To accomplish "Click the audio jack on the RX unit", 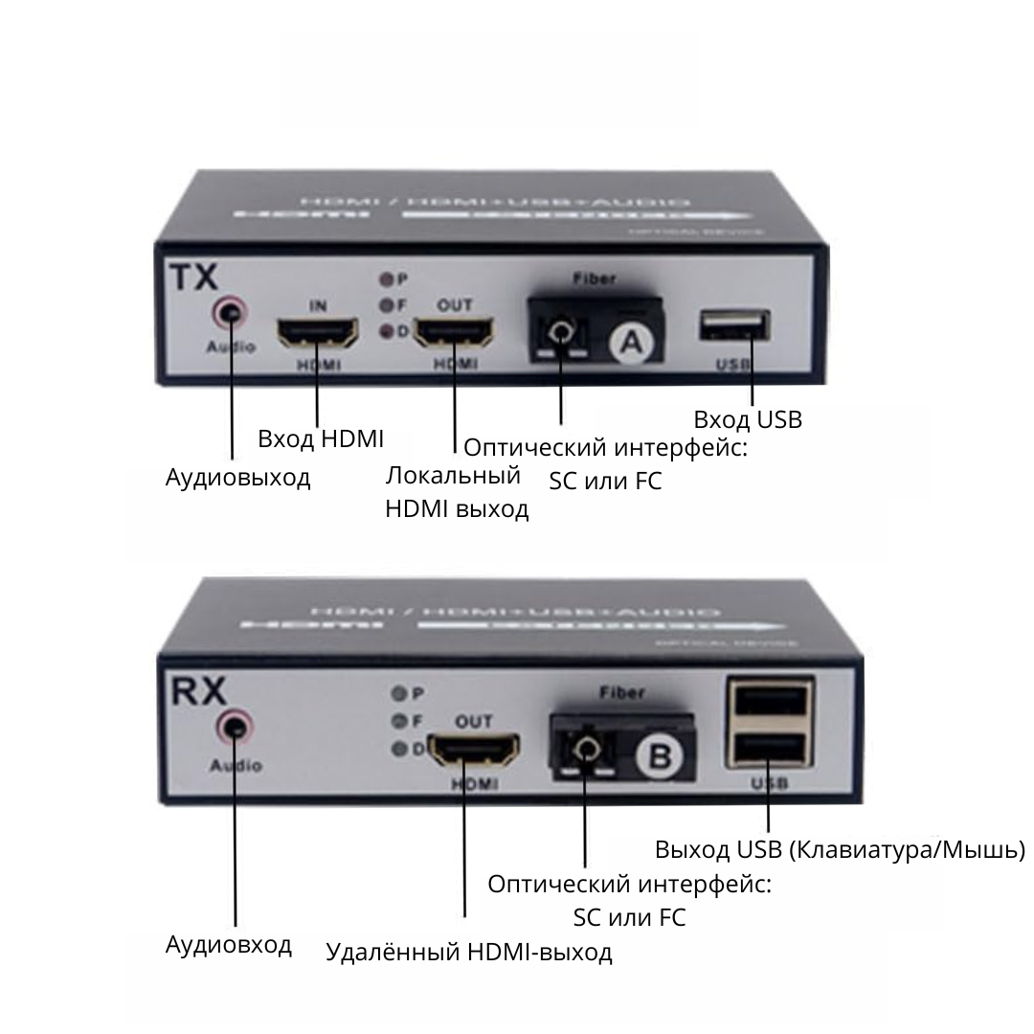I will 236,728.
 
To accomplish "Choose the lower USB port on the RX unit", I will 772,747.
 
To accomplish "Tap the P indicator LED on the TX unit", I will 387,280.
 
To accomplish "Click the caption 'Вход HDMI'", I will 321,439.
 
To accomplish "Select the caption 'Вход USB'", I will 748,419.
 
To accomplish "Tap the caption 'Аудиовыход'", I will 238,478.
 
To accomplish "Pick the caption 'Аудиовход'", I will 229,945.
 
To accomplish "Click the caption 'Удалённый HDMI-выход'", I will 469,953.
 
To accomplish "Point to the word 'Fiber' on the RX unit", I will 620,692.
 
